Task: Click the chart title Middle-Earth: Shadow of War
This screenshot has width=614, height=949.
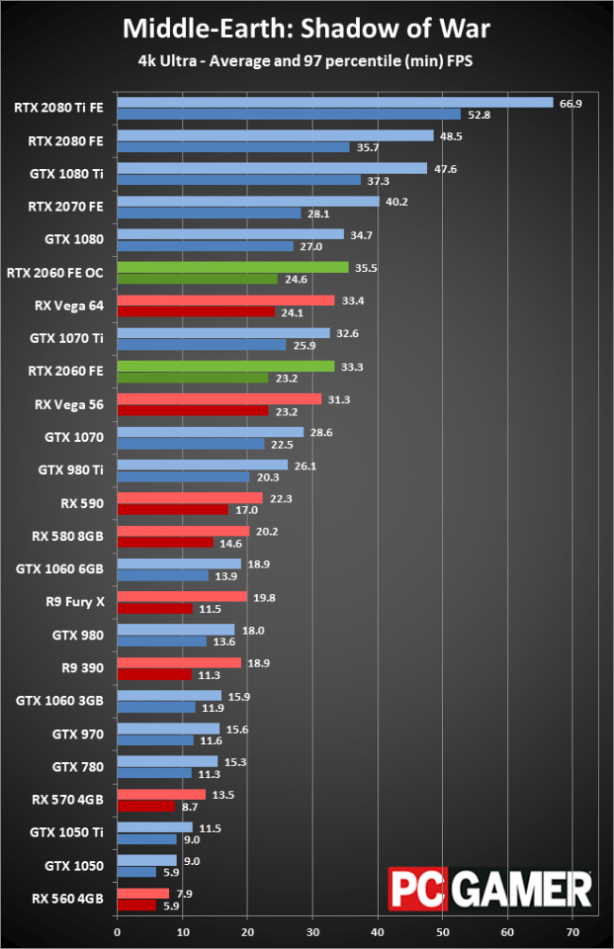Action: point(307,29)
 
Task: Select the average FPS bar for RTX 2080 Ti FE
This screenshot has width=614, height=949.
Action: point(334,103)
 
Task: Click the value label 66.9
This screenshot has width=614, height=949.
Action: point(571,103)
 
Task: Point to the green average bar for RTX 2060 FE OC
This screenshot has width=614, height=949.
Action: point(225,267)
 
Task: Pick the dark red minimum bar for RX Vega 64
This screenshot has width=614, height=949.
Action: point(196,312)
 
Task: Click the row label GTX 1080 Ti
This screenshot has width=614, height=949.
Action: point(72,174)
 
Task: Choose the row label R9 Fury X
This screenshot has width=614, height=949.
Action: point(78,602)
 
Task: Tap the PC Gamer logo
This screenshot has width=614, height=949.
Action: point(489,890)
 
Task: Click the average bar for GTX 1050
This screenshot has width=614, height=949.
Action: point(146,859)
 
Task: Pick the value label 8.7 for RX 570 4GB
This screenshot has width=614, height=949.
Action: point(189,805)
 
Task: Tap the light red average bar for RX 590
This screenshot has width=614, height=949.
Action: point(189,498)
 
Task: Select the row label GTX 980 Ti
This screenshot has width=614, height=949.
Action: point(71,470)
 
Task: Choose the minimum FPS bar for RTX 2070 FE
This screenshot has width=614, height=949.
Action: point(208,213)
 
